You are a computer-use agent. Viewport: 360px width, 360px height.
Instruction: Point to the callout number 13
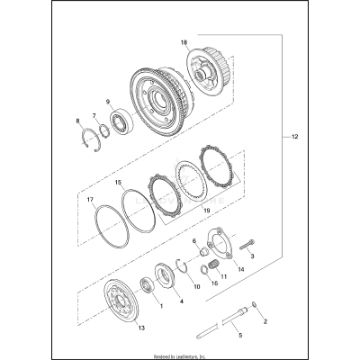[139, 329]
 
